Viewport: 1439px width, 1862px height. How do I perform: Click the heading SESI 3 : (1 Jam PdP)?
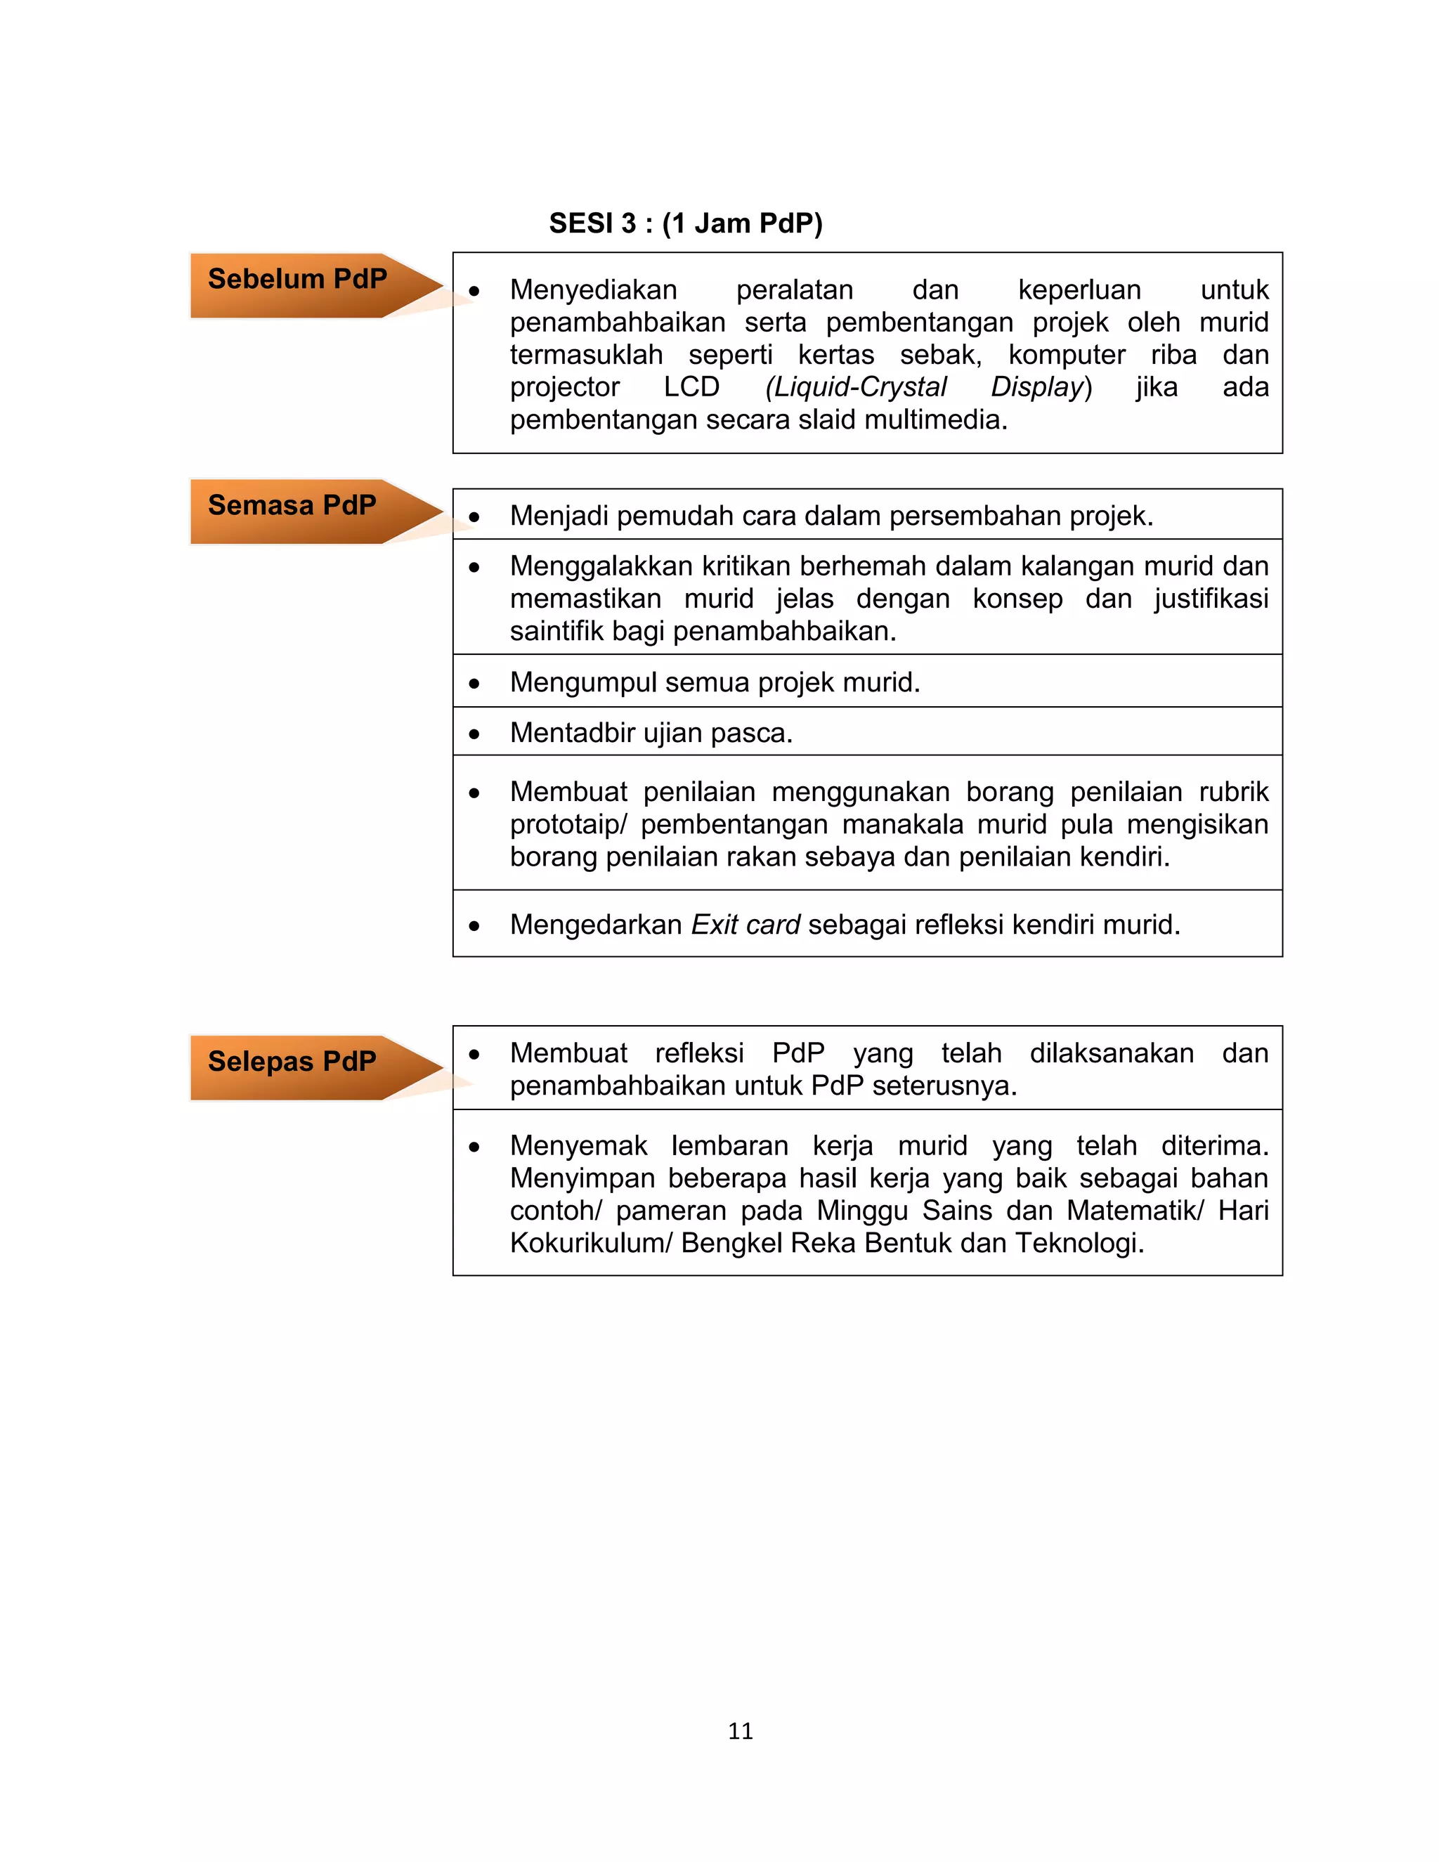685,223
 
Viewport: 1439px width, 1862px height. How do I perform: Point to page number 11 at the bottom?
740,1730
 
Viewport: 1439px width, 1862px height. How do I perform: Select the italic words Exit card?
745,924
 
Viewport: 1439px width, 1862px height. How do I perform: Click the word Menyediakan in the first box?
593,290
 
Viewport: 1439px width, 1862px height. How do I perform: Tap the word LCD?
691,387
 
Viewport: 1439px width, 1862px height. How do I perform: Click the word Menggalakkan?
601,566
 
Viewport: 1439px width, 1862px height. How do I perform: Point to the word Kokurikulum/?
592,1243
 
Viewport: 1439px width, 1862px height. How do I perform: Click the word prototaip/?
568,824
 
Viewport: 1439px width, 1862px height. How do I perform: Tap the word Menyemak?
578,1146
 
